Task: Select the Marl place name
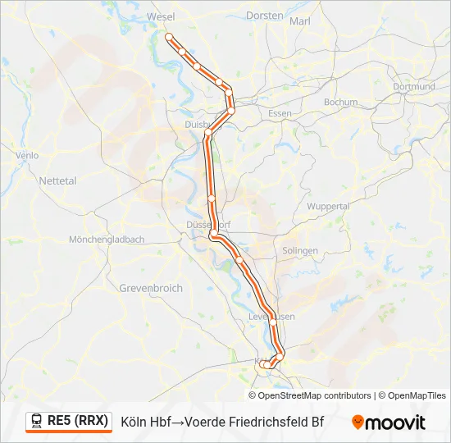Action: click(x=300, y=21)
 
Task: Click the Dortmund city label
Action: click(x=413, y=86)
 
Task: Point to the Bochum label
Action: click(x=340, y=103)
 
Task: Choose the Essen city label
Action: click(x=280, y=112)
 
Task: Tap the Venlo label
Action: click(x=27, y=155)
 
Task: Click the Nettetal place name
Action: click(x=57, y=180)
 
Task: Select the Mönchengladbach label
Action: click(x=107, y=240)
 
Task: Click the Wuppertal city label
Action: click(x=328, y=207)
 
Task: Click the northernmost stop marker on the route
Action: click(x=169, y=37)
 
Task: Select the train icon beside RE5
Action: click(x=37, y=421)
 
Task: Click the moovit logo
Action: click(x=389, y=422)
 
